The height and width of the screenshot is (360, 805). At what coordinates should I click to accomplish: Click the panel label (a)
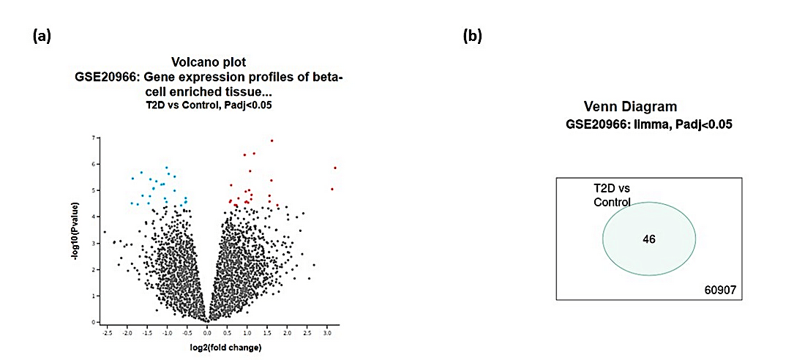coord(41,37)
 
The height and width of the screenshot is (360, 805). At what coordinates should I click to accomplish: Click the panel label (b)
coord(473,37)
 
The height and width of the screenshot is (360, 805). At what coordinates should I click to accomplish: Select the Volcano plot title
coord(208,62)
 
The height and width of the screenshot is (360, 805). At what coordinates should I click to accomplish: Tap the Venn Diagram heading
coord(630,107)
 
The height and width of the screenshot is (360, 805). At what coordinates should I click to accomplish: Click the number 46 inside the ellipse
coord(648,239)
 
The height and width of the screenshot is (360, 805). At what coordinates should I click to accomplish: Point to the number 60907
coord(721,291)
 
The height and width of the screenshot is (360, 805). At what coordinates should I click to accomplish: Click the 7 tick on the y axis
coord(94,138)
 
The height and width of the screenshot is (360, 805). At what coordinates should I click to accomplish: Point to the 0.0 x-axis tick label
coord(208,332)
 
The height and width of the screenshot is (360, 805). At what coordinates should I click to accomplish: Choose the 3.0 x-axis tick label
coord(326,332)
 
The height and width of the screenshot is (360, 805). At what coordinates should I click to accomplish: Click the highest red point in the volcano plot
coord(272,140)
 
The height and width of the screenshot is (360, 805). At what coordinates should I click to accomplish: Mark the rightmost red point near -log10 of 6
coord(335,168)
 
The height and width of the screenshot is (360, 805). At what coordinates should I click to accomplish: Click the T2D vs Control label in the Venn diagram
coord(612,195)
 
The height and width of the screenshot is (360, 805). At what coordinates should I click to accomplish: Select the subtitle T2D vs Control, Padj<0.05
coord(208,105)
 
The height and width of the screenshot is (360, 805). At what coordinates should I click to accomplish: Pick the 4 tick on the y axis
coord(94,217)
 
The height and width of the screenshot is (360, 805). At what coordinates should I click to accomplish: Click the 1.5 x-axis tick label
coord(267,332)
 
